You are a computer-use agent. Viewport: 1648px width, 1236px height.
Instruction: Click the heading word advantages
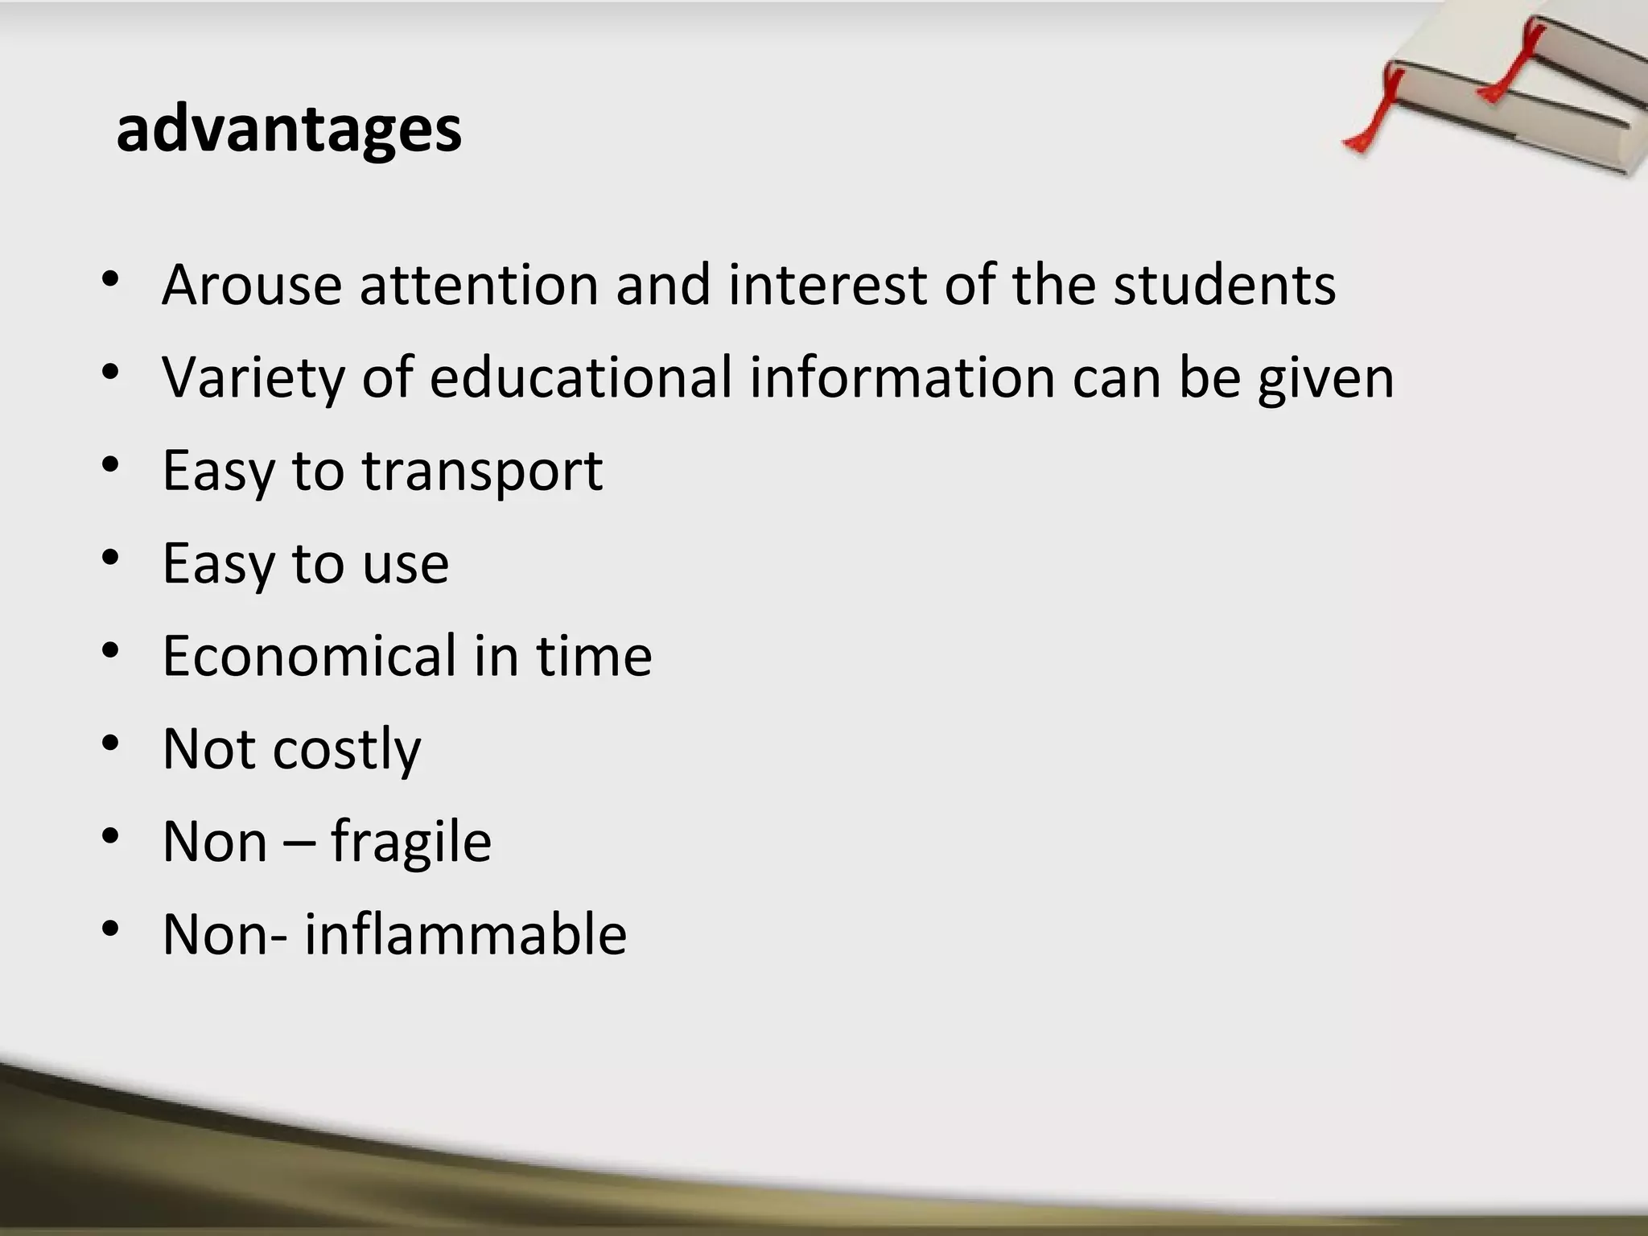(289, 130)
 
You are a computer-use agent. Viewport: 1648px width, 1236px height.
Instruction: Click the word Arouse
(252, 285)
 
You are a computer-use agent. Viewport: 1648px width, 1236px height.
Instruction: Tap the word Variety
(253, 377)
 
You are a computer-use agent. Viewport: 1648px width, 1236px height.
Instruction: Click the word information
(902, 377)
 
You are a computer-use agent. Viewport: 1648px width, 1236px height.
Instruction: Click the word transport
(482, 472)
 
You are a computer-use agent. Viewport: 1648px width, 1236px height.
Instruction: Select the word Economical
(309, 656)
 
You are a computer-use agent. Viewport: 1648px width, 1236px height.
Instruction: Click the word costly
(347, 750)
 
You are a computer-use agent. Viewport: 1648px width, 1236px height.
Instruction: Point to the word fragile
(410, 843)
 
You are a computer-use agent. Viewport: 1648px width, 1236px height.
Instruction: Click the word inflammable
(465, 934)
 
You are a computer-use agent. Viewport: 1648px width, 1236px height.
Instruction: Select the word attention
(480, 285)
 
